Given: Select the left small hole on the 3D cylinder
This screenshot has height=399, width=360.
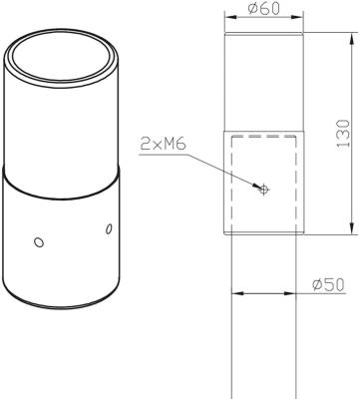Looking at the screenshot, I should point(38,241).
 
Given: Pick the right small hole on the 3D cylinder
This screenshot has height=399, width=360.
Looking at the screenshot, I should point(110,230).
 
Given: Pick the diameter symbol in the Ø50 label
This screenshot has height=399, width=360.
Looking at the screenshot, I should point(316,284).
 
